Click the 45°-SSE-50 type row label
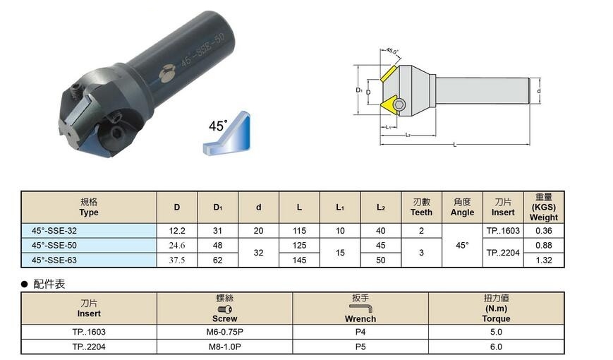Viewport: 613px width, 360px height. click(54, 246)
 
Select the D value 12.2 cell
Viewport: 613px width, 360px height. click(177, 231)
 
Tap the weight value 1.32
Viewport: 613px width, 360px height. click(544, 260)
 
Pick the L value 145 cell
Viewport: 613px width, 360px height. click(299, 260)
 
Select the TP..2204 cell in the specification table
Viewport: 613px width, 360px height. click(503, 253)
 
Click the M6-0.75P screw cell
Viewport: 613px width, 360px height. click(225, 332)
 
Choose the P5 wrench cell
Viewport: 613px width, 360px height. click(360, 347)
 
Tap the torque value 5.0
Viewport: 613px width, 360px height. click(496, 332)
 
